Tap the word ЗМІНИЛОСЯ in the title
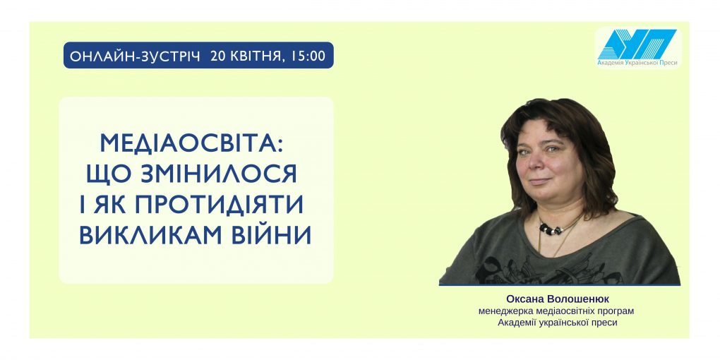click(219, 174)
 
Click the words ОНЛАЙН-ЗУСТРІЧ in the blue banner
click(136, 56)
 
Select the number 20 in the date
click(217, 56)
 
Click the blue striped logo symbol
click(637, 44)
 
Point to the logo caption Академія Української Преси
click(637, 63)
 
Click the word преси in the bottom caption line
click(605, 323)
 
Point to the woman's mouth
click(541, 181)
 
